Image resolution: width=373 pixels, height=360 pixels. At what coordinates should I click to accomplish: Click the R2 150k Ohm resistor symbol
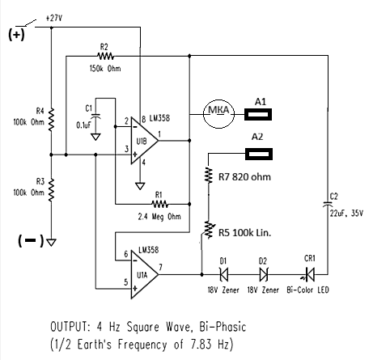coord(105,57)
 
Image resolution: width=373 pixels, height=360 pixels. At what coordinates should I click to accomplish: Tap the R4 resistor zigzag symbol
coord(51,120)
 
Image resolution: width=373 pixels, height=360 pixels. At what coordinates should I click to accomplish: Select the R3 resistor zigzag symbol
coord(51,189)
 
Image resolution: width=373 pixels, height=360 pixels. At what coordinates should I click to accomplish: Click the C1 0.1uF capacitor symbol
coord(95,116)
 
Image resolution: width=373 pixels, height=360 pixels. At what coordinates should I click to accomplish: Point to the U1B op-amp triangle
coord(144,141)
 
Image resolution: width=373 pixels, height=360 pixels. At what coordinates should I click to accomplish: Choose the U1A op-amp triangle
coord(144,274)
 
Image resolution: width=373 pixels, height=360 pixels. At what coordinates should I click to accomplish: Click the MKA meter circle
coord(218,114)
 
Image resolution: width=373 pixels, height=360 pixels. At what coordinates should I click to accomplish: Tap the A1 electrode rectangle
coord(258,114)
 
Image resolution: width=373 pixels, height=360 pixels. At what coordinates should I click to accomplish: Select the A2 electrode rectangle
coord(259,154)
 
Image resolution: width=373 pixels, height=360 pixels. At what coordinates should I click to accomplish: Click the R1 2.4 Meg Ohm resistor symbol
coord(159,204)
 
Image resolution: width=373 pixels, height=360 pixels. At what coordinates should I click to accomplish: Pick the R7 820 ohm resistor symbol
coord(209,176)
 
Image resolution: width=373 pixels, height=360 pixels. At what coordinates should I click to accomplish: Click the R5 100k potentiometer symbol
coord(208,230)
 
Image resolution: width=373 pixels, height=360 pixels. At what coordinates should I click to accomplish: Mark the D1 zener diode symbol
coord(224,274)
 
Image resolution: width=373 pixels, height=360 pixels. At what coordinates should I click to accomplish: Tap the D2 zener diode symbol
coord(264,274)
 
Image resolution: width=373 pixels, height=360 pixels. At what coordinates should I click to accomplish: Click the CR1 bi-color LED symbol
coord(309,274)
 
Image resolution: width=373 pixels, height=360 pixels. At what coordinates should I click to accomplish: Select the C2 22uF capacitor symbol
coord(328,204)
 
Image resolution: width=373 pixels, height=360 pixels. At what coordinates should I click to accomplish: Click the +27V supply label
coord(54,18)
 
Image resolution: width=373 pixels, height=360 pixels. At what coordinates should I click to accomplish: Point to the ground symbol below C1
coord(95,137)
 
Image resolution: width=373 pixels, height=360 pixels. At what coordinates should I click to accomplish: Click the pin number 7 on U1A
coord(161,267)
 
